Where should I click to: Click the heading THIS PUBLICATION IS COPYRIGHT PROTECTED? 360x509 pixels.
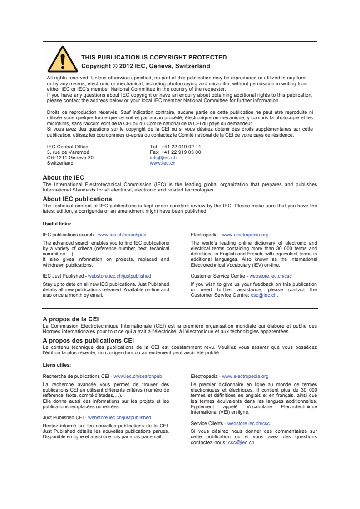coord(154,58)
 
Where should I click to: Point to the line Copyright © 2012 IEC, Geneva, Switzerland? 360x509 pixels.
coord(145,66)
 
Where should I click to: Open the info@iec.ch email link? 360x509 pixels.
coord(163,158)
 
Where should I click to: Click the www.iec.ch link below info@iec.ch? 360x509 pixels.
coord(162,163)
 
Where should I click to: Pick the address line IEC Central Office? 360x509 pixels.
coord(68,147)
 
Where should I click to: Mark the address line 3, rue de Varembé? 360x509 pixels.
coord(68,152)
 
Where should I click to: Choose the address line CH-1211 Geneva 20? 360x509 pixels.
coord(70,158)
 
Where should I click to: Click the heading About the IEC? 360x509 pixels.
coord(63,178)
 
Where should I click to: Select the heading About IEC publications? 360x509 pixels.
coord(77,199)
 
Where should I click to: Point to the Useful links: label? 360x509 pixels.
coord(57,224)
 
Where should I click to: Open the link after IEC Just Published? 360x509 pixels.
coord(119,276)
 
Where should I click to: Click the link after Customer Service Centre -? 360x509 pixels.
coord(271,276)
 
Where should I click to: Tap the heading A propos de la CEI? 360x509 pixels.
coord(71,319)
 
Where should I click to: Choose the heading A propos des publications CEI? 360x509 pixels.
coord(88,340)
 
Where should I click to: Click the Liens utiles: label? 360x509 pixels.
coord(56,365)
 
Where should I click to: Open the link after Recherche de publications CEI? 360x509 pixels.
coord(138,376)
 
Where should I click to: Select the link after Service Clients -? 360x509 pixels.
coord(248,423)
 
